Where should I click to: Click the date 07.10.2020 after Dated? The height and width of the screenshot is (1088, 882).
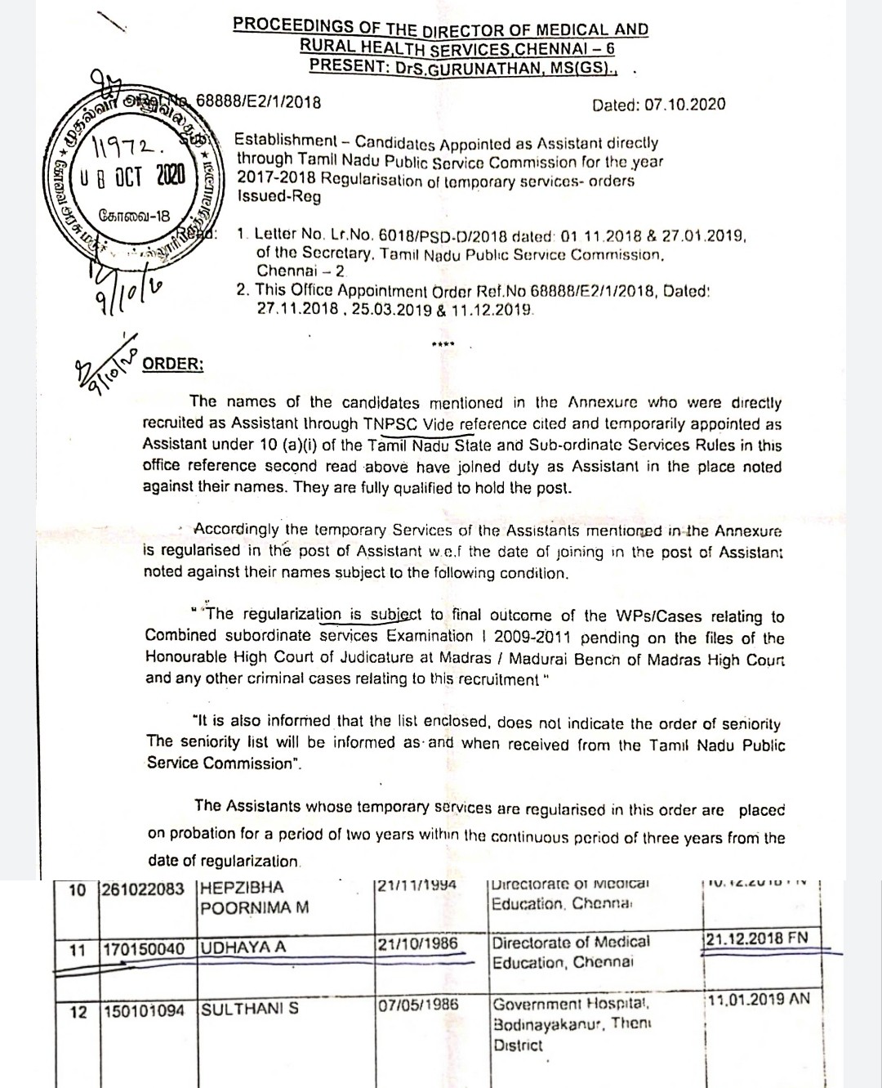(x=684, y=105)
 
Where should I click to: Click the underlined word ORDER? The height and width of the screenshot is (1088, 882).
(x=173, y=364)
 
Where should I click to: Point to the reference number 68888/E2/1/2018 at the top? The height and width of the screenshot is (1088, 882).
(x=258, y=102)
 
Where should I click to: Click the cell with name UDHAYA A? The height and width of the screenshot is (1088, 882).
(x=243, y=947)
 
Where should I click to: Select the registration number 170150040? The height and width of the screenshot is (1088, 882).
(x=144, y=950)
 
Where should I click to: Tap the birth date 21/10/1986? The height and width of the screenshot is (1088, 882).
(x=417, y=943)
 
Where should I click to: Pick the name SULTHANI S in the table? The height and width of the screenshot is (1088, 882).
(x=250, y=1009)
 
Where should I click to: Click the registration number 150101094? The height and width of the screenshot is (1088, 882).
(x=144, y=1011)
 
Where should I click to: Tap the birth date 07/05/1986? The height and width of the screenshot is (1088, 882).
(x=417, y=1005)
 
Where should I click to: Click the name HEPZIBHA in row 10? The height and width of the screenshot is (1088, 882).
(x=243, y=888)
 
